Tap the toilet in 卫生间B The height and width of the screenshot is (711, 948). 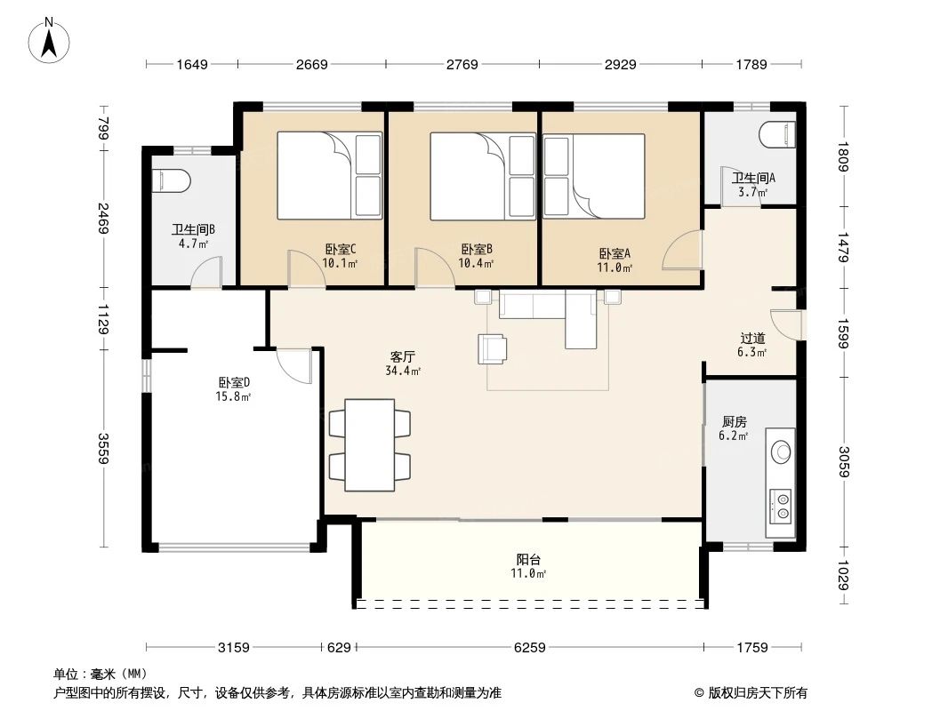(172, 180)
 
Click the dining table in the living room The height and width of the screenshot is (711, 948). (370, 444)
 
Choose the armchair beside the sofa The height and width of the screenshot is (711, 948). (494, 348)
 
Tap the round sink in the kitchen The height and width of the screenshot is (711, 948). (781, 451)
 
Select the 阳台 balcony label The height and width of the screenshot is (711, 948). (528, 560)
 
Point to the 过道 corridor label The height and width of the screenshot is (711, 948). (752, 338)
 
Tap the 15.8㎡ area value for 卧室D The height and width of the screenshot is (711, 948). (235, 397)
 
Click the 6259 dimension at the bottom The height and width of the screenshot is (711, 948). (529, 647)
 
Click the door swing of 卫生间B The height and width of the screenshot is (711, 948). (208, 271)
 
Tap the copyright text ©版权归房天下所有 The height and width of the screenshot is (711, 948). (751, 693)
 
